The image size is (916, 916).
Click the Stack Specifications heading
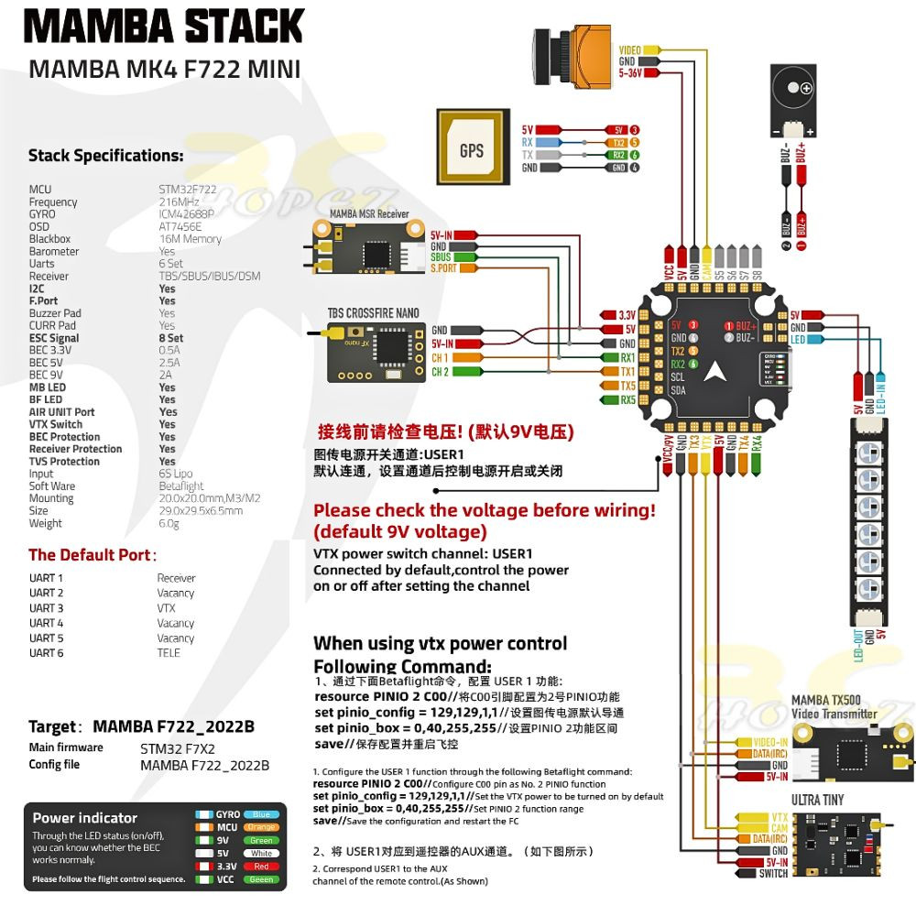coord(105,156)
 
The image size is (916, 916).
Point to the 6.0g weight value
coord(169,523)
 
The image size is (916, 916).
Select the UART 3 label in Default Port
coord(46,608)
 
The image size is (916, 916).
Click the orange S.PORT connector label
coord(443,268)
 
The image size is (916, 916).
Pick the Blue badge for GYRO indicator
coord(261,814)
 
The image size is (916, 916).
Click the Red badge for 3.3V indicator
coord(261,866)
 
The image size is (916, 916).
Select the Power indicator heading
coord(84,817)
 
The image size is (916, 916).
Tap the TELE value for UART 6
coord(169,652)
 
